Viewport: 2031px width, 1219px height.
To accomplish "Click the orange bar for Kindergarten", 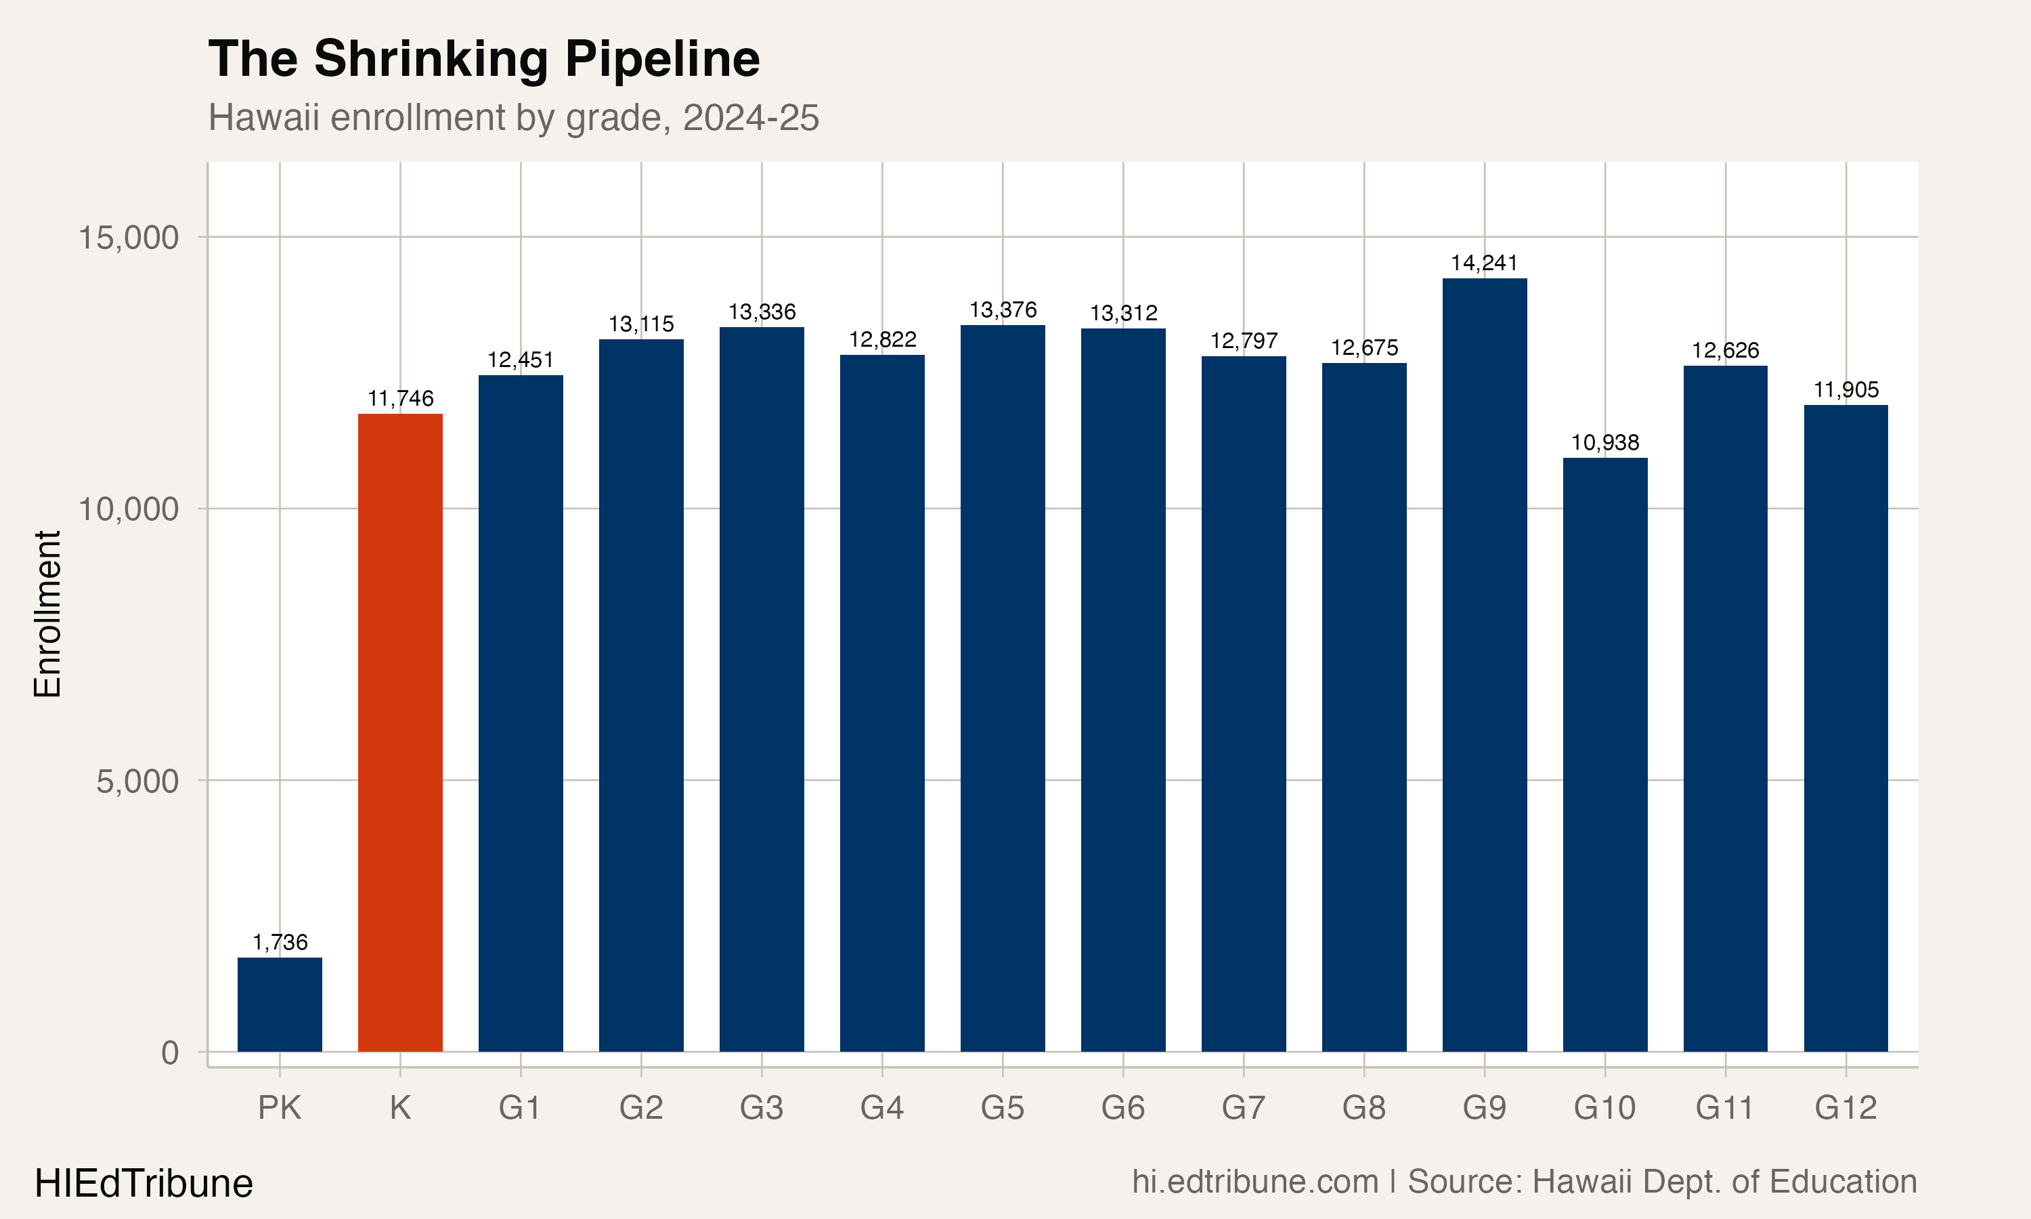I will (x=400, y=731).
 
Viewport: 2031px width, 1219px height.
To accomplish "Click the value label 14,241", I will (x=1484, y=263).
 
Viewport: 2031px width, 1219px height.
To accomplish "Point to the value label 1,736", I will (x=280, y=942).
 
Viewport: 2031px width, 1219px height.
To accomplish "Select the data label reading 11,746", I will (x=400, y=398).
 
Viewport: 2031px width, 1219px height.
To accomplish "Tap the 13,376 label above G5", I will (x=1003, y=309).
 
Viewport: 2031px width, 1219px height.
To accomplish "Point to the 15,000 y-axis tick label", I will (x=128, y=238).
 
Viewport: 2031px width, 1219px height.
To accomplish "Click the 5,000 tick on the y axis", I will (x=137, y=782).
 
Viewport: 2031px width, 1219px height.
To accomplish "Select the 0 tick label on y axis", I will (x=170, y=1052).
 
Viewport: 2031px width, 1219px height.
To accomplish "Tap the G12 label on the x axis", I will (x=1846, y=1108).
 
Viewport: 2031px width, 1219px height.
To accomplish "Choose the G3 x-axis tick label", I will (x=761, y=1108).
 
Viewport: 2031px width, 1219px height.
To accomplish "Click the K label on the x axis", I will (x=400, y=1108).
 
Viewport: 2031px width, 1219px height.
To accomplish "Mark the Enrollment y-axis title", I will (x=47, y=614).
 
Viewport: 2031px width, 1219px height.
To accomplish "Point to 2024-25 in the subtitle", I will (x=750, y=117).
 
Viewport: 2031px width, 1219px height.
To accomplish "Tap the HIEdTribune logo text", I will (x=144, y=1183).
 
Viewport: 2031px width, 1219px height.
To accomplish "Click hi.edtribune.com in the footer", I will (x=1254, y=1181).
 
